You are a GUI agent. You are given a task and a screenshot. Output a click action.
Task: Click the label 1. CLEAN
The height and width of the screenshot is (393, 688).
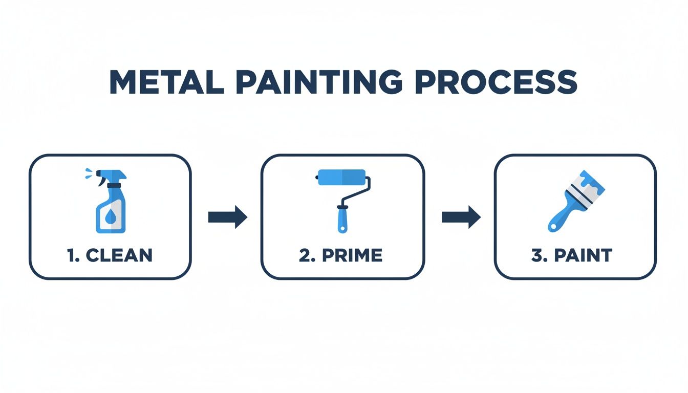pyautogui.click(x=110, y=255)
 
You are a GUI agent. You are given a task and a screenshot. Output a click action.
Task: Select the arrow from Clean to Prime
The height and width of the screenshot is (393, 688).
pyautogui.click(x=227, y=217)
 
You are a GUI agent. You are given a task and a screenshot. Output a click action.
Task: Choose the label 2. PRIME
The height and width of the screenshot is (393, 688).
pyautogui.click(x=340, y=255)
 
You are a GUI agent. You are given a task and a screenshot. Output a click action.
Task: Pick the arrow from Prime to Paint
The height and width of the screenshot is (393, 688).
pyautogui.click(x=461, y=217)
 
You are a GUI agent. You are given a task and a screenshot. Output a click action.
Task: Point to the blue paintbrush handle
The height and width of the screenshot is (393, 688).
pyautogui.click(x=561, y=217)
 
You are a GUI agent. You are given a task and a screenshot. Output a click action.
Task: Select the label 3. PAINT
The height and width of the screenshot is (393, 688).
pyautogui.click(x=572, y=255)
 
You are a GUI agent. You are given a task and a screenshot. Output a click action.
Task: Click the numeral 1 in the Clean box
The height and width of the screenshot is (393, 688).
pyautogui.click(x=70, y=255)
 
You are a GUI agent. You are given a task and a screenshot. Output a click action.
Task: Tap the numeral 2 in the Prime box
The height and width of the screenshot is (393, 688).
pyautogui.click(x=304, y=255)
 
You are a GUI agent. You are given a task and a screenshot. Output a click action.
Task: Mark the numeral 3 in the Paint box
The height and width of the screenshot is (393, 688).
pyautogui.click(x=536, y=255)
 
